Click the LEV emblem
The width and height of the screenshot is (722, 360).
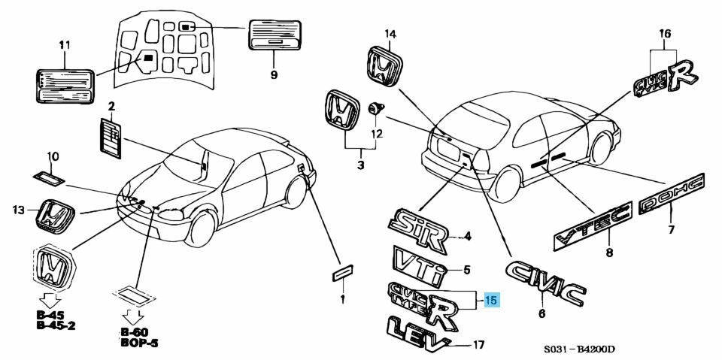tap(416, 331)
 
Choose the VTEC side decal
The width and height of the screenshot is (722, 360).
tap(591, 227)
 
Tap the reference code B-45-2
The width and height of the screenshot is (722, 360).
tap(61, 326)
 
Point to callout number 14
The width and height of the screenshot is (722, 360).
tap(390, 33)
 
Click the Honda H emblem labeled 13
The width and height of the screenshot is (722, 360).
tap(56, 217)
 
